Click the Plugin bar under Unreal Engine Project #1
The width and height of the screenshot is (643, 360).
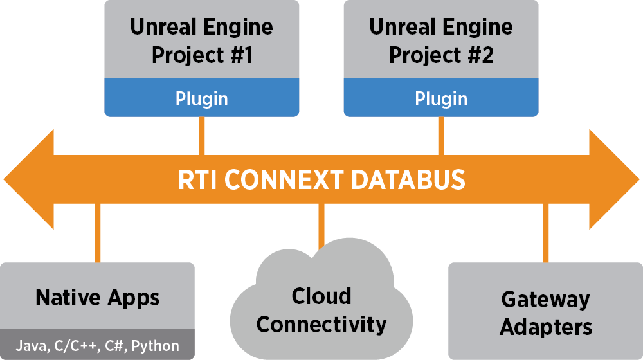point(201,98)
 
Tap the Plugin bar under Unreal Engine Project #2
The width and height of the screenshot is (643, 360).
point(440,98)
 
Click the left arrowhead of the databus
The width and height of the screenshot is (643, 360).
point(29,179)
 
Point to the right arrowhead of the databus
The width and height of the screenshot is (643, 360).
point(614,179)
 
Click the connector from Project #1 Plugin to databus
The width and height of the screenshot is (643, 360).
point(201,136)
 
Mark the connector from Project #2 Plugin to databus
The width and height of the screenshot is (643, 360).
point(440,136)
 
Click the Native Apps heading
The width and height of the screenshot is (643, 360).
point(98,298)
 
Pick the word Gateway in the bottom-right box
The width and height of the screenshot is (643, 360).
point(545,300)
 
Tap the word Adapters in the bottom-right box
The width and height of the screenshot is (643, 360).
point(545,327)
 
